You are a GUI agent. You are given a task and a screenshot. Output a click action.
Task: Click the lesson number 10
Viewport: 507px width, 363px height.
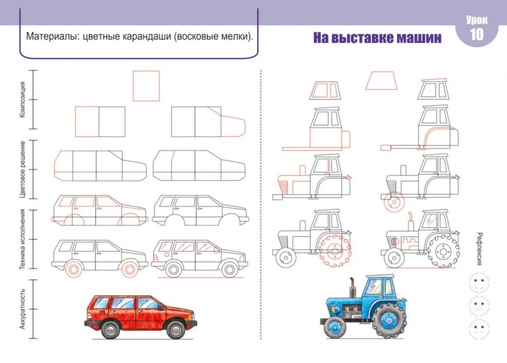476,34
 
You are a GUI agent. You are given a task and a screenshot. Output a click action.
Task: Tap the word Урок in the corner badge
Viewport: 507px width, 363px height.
477,20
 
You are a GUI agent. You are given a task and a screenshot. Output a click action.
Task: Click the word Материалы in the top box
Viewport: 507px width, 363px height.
53,36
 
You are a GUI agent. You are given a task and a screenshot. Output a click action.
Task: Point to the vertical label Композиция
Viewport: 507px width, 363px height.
22,100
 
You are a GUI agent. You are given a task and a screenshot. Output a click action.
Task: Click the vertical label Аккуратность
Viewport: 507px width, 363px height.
22,309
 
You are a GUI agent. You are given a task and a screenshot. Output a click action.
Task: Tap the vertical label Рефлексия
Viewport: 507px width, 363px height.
480,249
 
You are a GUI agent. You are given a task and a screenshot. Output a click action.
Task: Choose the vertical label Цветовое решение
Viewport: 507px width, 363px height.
22,170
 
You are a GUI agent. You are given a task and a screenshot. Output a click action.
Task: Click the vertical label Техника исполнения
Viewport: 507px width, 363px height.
22,239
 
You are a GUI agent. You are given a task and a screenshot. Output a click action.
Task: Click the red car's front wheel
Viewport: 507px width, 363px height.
176,329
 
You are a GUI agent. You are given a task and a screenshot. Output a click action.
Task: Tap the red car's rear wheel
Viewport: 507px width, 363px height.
110,329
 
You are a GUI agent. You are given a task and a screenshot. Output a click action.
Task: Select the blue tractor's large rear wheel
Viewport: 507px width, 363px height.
389,320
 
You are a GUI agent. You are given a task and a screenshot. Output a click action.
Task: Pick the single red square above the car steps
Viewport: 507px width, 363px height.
146,86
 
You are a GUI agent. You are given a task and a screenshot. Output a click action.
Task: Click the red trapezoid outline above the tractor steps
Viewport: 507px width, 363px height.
381,80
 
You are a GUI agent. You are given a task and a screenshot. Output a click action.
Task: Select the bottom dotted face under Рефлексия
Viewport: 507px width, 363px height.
479,329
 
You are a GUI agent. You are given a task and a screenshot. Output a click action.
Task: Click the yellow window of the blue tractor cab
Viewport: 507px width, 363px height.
388,287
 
